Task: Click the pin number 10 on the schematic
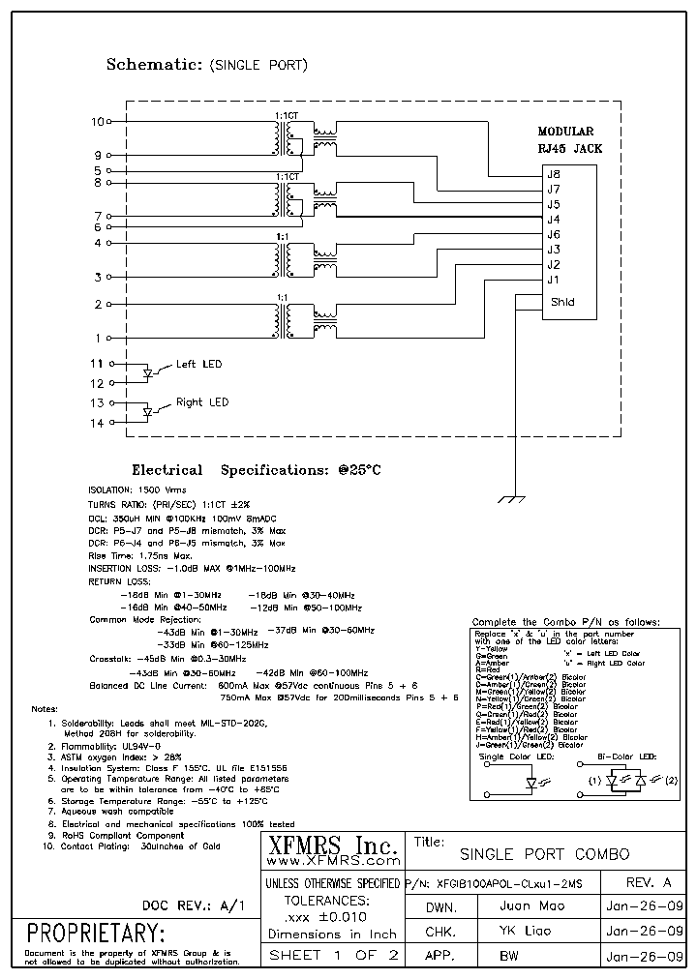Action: click(95, 122)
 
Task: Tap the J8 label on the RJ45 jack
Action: click(554, 174)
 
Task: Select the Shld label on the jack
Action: click(561, 302)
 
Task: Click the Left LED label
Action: click(198, 364)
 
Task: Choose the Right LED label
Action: click(202, 401)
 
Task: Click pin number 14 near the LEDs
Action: click(96, 423)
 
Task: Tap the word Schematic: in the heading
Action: click(150, 66)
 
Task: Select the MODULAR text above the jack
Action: click(565, 132)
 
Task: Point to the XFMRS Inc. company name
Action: click(331, 845)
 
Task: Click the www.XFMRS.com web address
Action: click(332, 860)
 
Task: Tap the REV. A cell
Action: click(648, 882)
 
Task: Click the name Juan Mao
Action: click(532, 906)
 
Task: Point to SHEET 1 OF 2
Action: click(332, 955)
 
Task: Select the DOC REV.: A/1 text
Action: click(193, 905)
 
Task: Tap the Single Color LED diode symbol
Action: click(531, 786)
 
